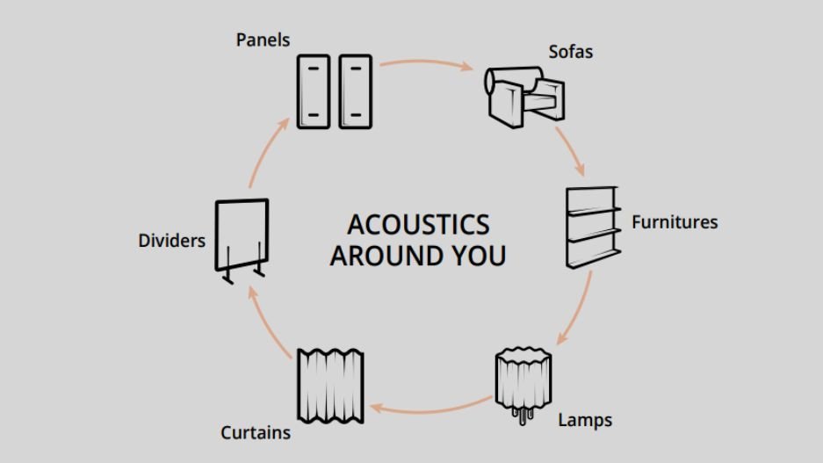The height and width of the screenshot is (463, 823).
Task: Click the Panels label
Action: [263, 40]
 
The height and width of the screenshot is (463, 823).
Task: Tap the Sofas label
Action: [571, 52]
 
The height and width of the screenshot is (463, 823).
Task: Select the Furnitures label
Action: [675, 222]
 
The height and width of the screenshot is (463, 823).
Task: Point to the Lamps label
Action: [585, 420]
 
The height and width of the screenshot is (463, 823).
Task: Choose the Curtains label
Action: [255, 432]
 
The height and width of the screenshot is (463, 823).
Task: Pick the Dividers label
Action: [171, 241]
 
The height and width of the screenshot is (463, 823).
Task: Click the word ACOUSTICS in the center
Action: [418, 224]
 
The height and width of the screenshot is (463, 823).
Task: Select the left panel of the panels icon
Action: [314, 91]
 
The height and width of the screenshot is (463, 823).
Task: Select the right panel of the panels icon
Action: [356, 91]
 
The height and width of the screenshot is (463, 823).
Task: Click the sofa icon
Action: [524, 92]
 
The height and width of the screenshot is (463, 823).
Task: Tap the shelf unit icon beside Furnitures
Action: [592, 227]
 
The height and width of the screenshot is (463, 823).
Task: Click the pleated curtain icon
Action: [330, 384]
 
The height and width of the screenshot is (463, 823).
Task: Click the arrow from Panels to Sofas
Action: [427, 63]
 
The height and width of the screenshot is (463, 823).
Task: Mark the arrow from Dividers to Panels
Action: [266, 149]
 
